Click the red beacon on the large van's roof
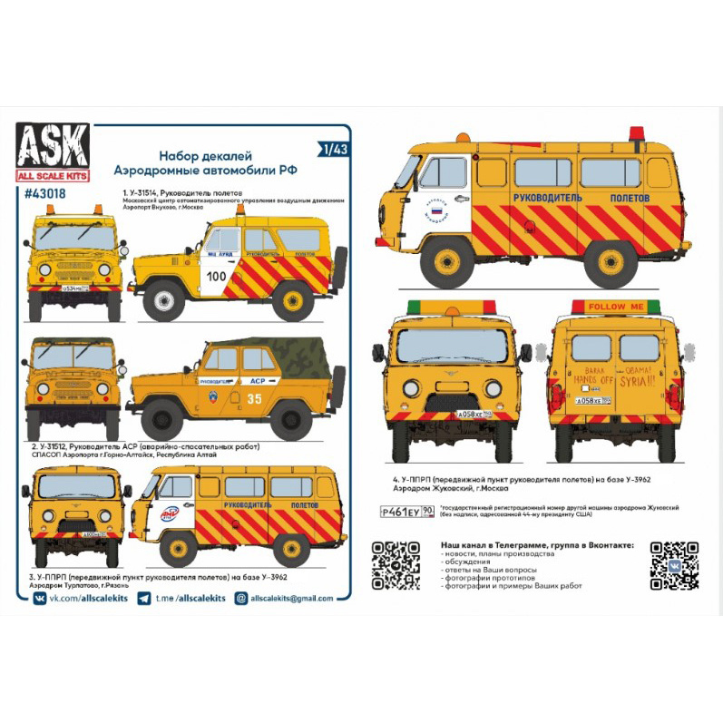point(636,133)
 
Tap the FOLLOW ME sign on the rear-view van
point(616,307)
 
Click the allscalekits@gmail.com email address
point(285,599)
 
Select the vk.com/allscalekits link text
point(86,599)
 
